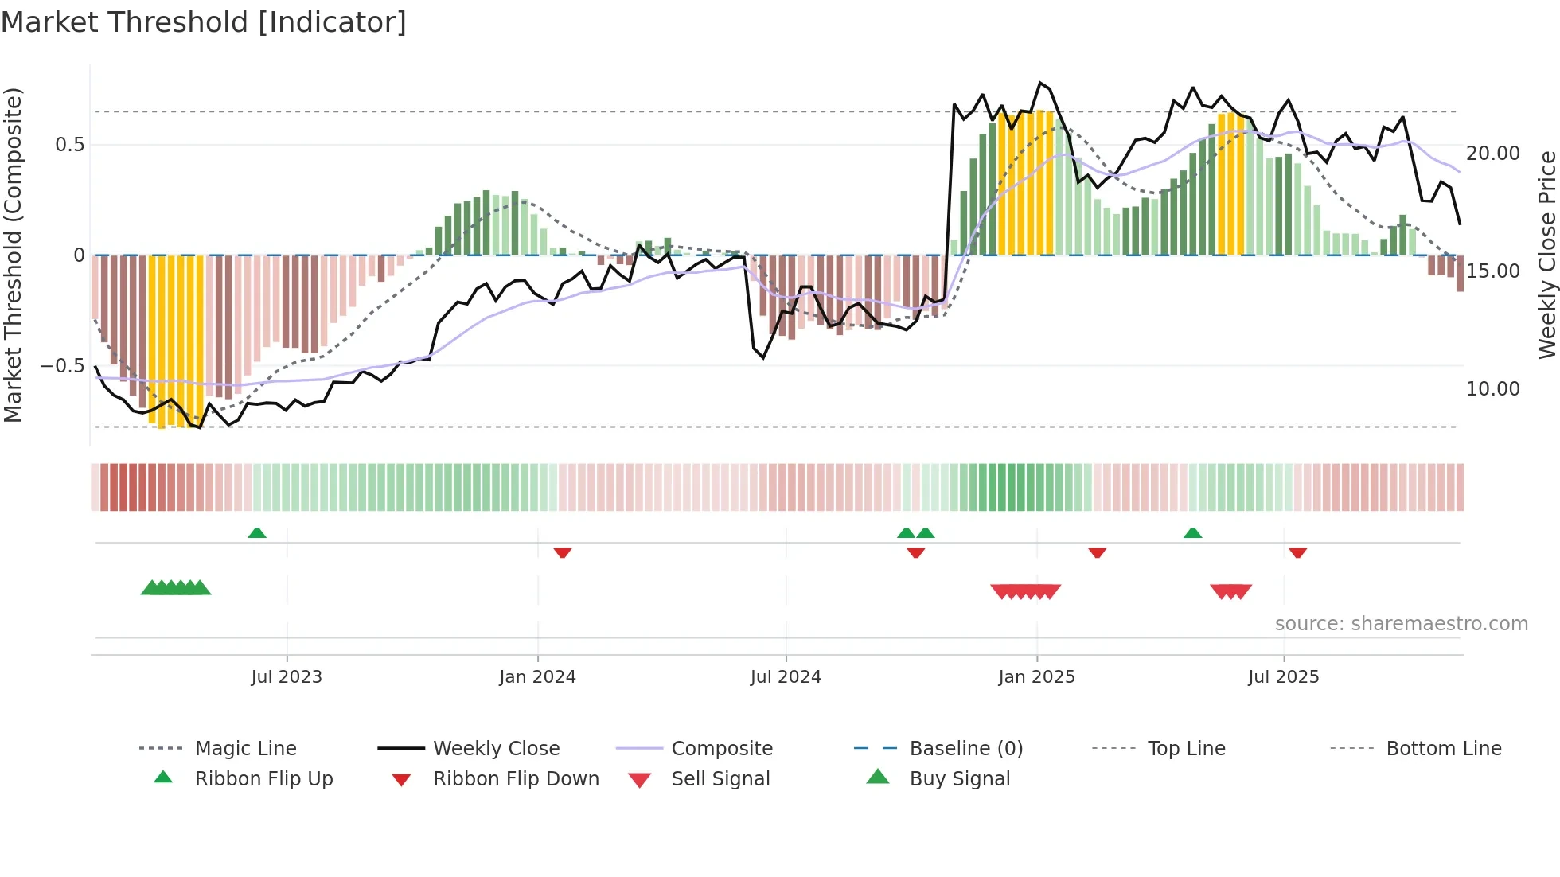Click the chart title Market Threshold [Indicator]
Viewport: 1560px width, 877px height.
tap(204, 22)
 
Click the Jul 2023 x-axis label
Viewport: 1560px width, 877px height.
tap(287, 677)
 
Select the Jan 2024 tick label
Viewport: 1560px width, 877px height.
tap(537, 677)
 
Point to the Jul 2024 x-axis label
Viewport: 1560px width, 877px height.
tap(786, 677)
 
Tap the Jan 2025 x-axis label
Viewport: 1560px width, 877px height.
tap(1036, 677)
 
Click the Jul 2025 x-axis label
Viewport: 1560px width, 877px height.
tap(1284, 677)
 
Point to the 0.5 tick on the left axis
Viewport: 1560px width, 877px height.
tap(69, 145)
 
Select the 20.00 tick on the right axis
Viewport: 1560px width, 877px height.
tap(1493, 154)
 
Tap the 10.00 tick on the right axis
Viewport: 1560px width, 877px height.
tap(1493, 389)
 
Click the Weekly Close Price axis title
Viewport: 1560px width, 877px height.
tap(1546, 255)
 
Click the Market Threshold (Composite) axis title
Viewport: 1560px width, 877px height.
tap(13, 255)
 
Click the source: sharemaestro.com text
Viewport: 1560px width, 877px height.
tap(1401, 624)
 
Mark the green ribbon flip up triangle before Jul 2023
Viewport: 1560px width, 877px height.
tap(257, 533)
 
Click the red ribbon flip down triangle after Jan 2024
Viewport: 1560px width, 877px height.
tap(563, 552)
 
